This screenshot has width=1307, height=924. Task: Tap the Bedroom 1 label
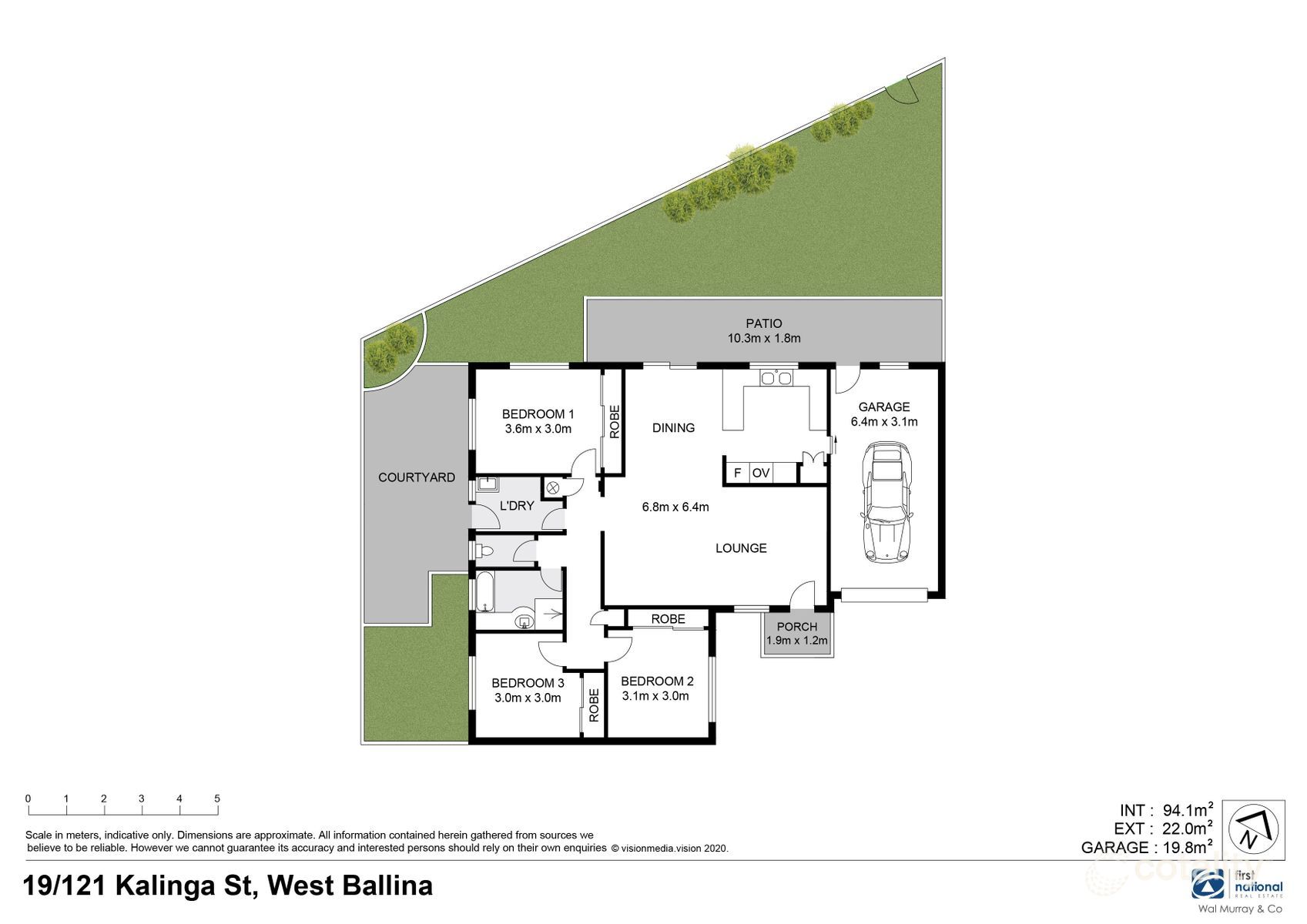pyautogui.click(x=538, y=413)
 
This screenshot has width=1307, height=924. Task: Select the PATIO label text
pyautogui.click(x=763, y=323)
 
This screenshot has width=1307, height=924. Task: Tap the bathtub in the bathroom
pyautogui.click(x=484, y=591)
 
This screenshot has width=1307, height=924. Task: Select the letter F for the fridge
pyautogui.click(x=737, y=473)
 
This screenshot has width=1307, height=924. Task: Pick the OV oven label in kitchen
pyautogui.click(x=761, y=473)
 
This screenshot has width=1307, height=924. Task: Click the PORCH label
pyautogui.click(x=796, y=627)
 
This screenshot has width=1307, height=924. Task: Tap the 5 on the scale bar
pyautogui.click(x=217, y=798)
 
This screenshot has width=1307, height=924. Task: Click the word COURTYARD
pyautogui.click(x=416, y=477)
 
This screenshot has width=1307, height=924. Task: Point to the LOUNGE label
pyautogui.click(x=741, y=548)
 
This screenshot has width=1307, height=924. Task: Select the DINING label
pyautogui.click(x=673, y=427)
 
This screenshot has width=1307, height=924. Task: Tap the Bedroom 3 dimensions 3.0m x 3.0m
pyautogui.click(x=528, y=698)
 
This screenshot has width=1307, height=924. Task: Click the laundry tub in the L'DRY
pyautogui.click(x=487, y=484)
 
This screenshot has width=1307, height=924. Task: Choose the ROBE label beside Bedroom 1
pyautogui.click(x=614, y=422)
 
